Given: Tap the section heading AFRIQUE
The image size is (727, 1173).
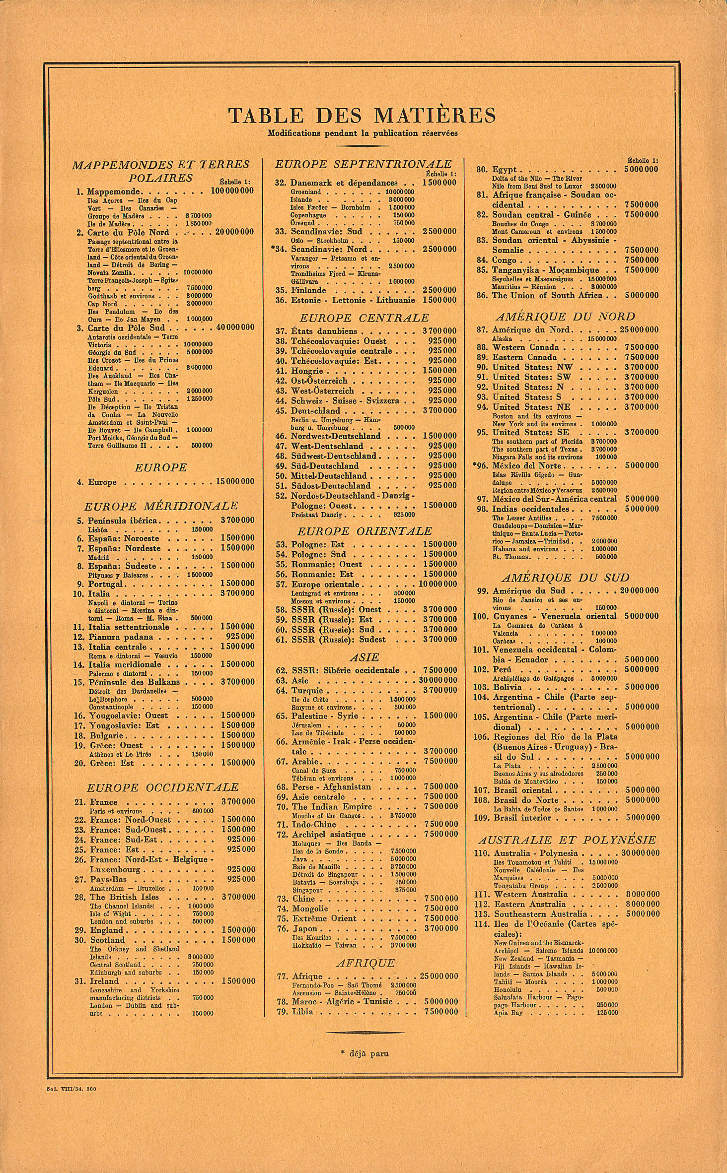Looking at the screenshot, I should (x=365, y=963).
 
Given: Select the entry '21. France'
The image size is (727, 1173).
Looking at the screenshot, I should (x=104, y=802).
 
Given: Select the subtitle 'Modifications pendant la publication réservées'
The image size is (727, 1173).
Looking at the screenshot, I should (x=363, y=133).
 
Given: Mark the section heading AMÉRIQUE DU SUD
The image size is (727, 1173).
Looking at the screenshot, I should (x=565, y=578).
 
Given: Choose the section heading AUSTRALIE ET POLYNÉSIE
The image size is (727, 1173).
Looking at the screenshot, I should (x=567, y=840).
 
